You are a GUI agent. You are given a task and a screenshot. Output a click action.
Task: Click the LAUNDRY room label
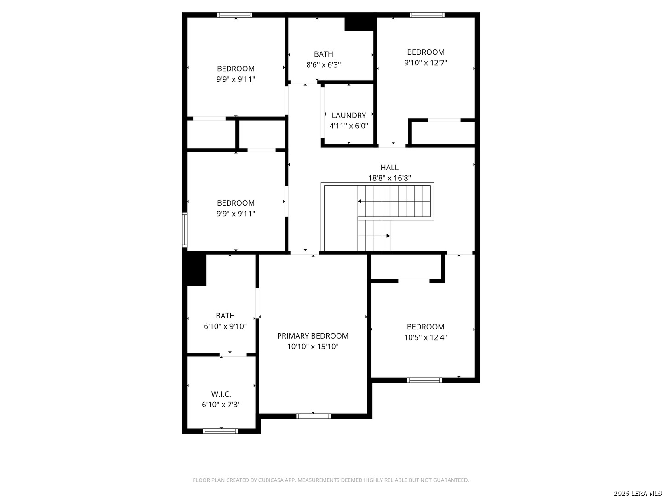[x=348, y=115]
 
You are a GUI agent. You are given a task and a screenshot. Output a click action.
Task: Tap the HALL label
[x=389, y=167]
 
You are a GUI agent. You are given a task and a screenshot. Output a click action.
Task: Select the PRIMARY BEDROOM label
[x=313, y=336]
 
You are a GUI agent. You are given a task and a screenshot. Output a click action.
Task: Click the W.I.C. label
[x=221, y=394]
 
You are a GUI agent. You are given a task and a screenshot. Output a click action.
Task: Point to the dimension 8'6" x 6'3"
[x=323, y=64]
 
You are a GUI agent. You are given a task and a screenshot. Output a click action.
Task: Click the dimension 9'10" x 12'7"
[x=426, y=63]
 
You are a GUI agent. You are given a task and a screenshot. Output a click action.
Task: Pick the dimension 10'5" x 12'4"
[x=426, y=337]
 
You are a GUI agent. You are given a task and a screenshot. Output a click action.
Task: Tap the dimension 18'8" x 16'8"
[x=389, y=178]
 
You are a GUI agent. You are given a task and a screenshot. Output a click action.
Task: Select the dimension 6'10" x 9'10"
[x=225, y=326]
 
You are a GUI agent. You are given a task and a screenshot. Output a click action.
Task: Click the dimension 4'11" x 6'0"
[x=348, y=126]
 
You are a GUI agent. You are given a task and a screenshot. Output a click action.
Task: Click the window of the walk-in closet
[x=220, y=431]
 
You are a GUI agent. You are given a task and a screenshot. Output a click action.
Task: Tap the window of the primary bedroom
[x=314, y=416]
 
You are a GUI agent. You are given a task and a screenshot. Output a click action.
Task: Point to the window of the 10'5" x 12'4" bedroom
[x=424, y=380]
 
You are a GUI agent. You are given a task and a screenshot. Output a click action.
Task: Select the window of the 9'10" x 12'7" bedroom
[x=427, y=15]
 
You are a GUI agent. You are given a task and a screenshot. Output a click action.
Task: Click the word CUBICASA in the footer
[x=270, y=480]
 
